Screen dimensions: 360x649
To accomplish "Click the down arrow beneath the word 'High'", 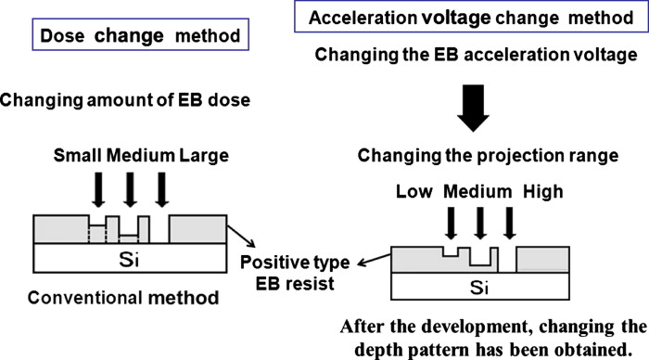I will (x=508, y=222).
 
